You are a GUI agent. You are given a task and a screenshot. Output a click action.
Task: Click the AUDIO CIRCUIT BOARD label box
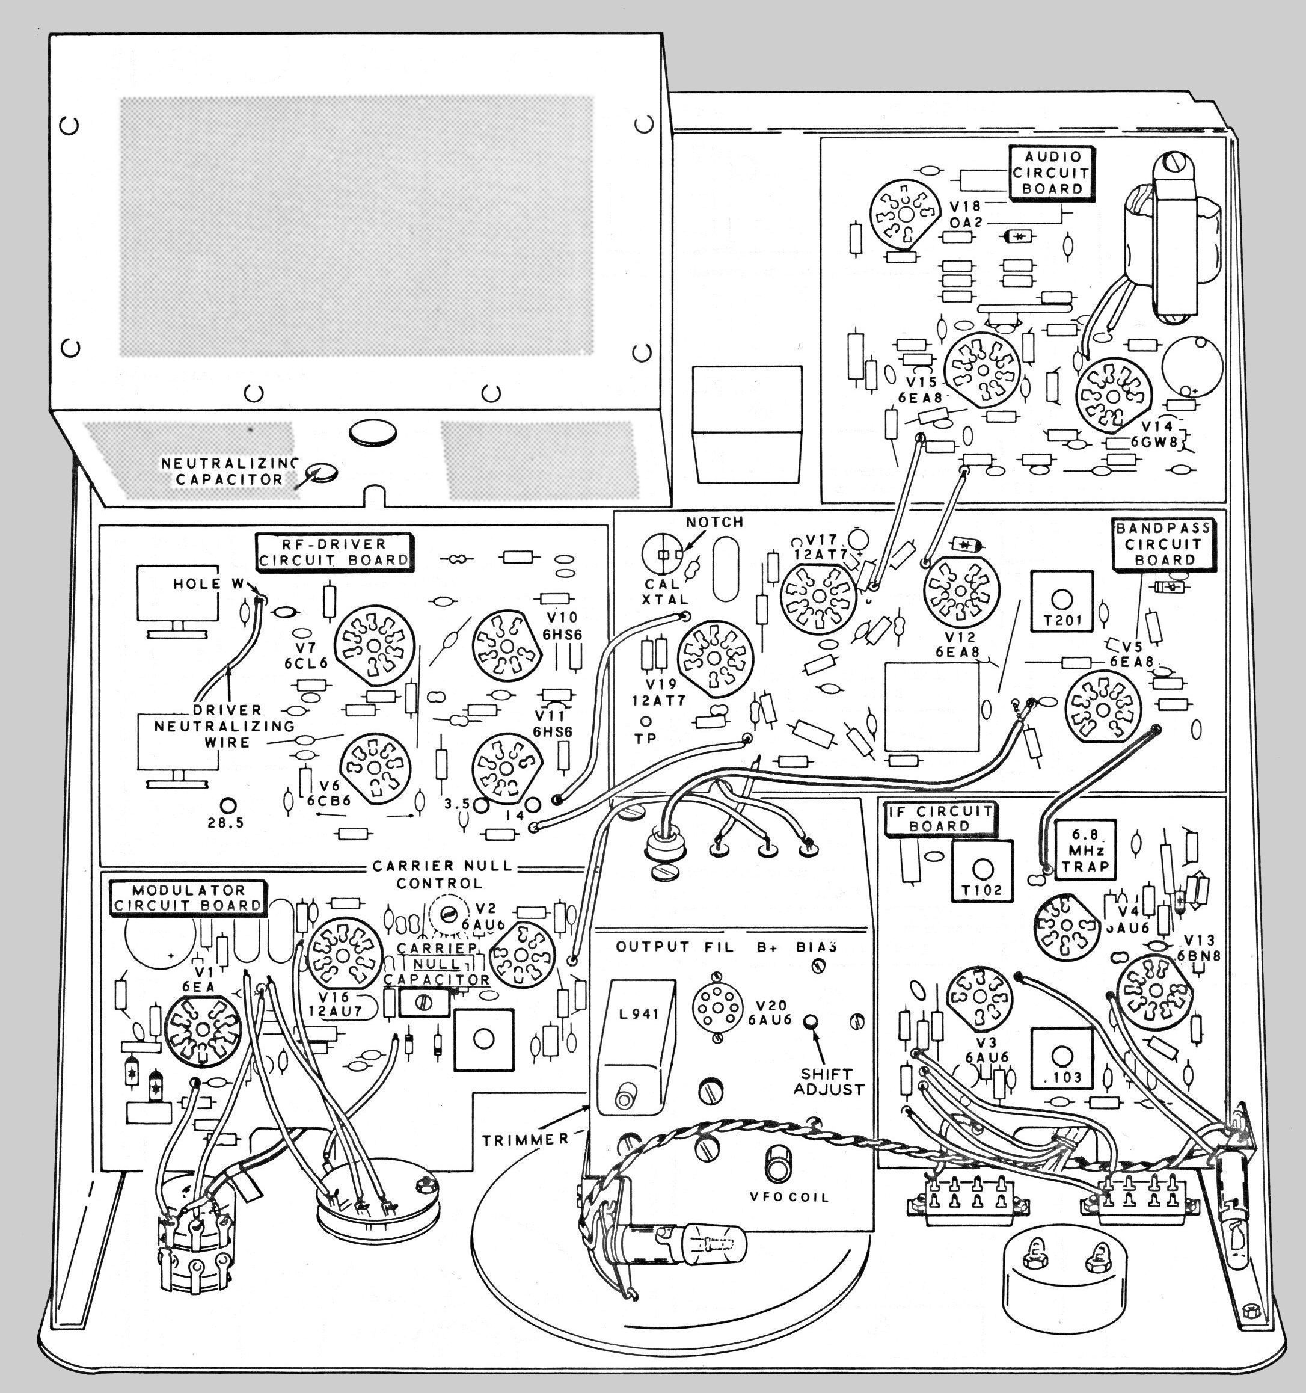[1052, 173]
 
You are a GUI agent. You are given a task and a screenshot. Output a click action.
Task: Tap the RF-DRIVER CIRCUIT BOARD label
[334, 552]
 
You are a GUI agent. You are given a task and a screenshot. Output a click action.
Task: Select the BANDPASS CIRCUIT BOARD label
[1162, 544]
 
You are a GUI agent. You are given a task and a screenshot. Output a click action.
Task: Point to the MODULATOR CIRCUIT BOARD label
[188, 897]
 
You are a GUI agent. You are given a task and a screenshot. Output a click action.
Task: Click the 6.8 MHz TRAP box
[1085, 850]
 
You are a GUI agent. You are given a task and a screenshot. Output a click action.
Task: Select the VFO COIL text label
[789, 1197]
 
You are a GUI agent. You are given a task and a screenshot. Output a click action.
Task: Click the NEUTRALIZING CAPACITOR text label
[229, 472]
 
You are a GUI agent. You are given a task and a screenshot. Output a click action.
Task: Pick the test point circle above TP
[645, 721]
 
